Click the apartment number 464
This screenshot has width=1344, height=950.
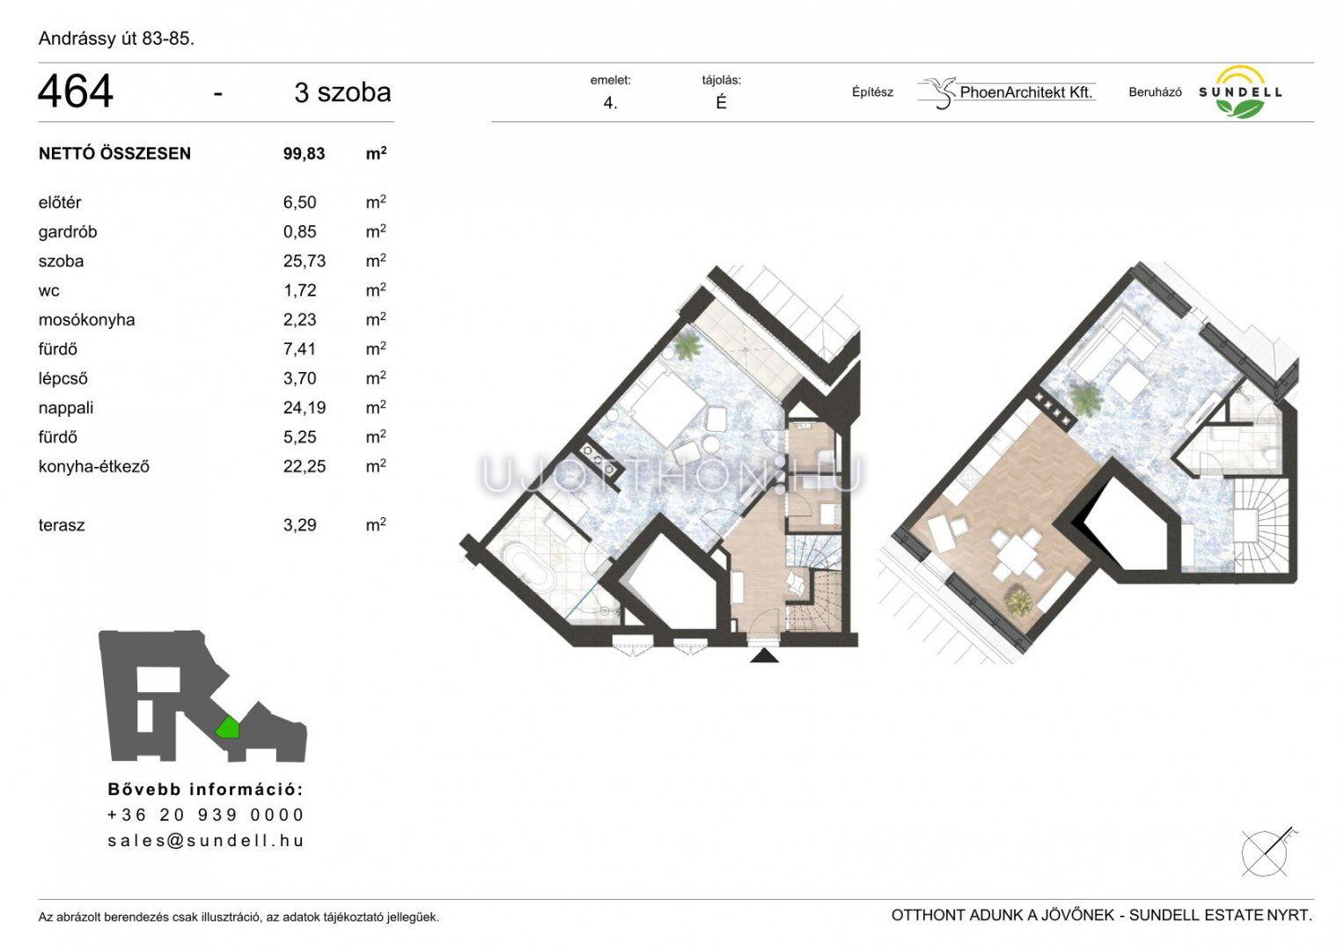76,91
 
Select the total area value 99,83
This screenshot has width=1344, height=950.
305,154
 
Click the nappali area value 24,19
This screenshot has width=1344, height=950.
305,408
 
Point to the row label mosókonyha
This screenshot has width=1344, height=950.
86,319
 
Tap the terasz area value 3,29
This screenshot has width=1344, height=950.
299,525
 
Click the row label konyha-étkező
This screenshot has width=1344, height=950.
93,466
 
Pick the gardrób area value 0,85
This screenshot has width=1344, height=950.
299,232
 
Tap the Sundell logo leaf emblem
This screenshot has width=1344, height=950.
1241,108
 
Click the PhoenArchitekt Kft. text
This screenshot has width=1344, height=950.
1026,92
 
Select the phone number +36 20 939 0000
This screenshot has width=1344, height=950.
206,815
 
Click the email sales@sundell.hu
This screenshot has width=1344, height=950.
206,841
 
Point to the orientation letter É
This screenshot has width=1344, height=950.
721,103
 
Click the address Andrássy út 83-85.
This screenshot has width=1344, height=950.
116,39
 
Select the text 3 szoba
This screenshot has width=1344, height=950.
342,92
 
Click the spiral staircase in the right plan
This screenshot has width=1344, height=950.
1260,527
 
